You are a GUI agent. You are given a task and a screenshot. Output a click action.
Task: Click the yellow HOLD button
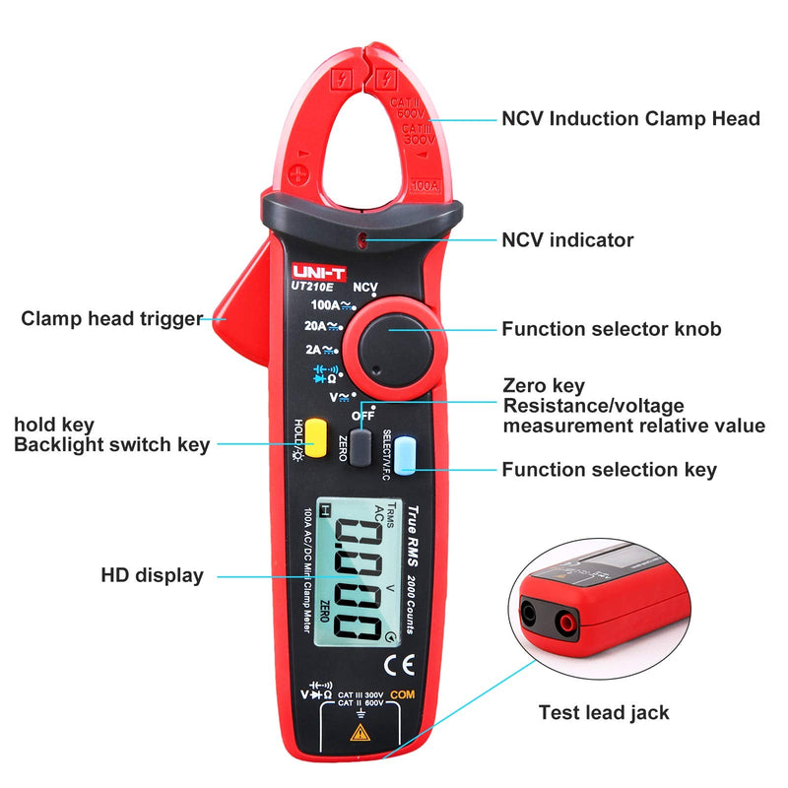(x=315, y=436)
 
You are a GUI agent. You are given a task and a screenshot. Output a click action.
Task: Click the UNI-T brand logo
(x=316, y=266)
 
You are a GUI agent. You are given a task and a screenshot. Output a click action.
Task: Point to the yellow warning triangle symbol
(x=361, y=733)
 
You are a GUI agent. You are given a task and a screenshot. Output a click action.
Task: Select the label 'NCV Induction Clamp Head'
(x=630, y=119)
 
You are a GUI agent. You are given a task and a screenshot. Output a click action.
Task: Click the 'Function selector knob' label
(x=611, y=329)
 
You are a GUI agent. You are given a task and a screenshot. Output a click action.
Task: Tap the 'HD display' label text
(x=153, y=575)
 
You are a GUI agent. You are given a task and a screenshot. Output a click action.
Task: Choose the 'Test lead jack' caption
(x=604, y=711)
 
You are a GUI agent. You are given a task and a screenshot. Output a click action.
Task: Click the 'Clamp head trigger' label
(x=111, y=318)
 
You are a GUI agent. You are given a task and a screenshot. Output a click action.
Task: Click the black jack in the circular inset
(x=535, y=615)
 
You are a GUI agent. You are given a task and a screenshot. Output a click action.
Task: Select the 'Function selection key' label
(x=609, y=470)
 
